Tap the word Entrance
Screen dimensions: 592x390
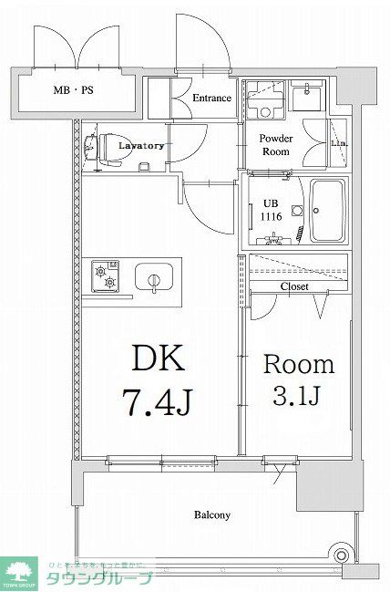point(211,99)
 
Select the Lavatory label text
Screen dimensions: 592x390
point(140,146)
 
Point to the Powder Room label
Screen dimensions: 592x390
point(275,145)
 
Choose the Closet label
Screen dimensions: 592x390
point(293,286)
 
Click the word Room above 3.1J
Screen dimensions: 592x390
point(298,365)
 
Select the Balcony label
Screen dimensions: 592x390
point(211,514)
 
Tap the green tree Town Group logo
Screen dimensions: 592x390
point(18,570)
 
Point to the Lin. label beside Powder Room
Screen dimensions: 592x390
point(337,144)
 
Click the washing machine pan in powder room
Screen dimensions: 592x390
point(265,100)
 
